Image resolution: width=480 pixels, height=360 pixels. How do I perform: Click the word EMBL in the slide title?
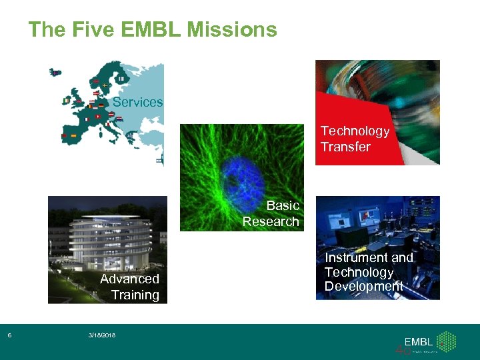coord(151,29)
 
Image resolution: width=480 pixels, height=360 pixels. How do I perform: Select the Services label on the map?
coord(137,102)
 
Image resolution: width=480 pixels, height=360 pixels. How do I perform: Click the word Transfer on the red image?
coord(345,147)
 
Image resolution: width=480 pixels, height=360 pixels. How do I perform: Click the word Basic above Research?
coord(283,205)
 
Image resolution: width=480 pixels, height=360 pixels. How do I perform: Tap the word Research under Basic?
coord(271,221)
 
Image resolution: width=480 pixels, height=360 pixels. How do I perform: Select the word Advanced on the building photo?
coord(129,279)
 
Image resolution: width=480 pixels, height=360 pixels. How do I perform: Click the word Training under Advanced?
coord(135,295)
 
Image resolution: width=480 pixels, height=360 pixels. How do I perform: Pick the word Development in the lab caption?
coord(363,287)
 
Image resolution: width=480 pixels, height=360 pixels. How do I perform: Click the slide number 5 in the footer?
coord(9,335)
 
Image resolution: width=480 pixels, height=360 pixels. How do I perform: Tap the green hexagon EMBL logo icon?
coord(446,341)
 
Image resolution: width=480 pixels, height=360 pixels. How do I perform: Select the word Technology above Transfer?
coord(354,131)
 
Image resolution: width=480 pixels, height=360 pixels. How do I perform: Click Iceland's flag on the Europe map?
coord(55,71)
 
